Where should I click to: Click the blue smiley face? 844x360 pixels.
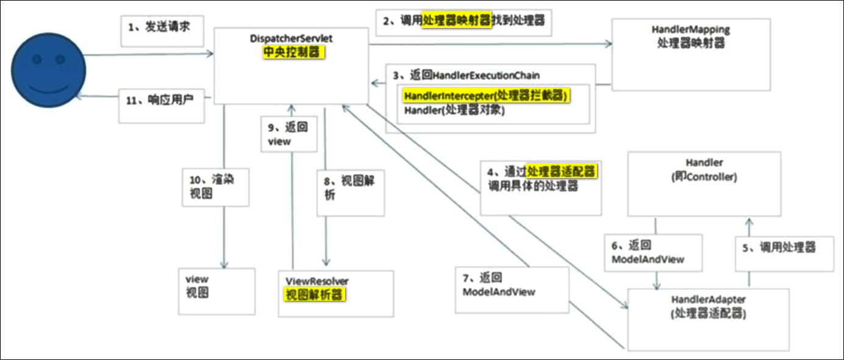click(49, 70)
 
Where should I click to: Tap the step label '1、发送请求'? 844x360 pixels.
click(159, 27)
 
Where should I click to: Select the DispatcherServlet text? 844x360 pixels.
click(291, 38)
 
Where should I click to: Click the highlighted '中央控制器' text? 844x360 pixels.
click(293, 52)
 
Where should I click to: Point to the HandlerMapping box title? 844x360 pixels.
click(691, 29)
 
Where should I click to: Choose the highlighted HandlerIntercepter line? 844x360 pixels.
click(485, 96)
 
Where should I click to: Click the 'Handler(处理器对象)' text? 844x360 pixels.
click(454, 110)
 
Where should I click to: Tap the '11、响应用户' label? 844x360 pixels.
click(160, 100)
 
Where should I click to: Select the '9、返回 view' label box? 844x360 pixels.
click(289, 134)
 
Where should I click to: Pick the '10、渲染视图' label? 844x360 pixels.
click(212, 186)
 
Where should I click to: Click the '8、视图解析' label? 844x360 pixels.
click(349, 188)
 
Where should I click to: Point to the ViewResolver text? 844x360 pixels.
click(317, 281)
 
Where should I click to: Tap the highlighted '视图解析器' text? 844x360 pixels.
click(314, 295)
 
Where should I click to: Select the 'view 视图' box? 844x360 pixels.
click(216, 292)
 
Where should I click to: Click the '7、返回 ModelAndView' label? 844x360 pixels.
click(499, 284)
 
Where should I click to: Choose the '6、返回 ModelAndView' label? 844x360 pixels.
click(648, 252)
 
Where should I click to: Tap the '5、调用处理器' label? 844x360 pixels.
click(779, 248)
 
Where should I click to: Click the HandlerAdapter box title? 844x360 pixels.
click(709, 300)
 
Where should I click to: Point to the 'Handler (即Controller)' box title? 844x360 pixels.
click(704, 170)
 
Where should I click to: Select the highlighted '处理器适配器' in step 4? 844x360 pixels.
click(562, 171)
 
